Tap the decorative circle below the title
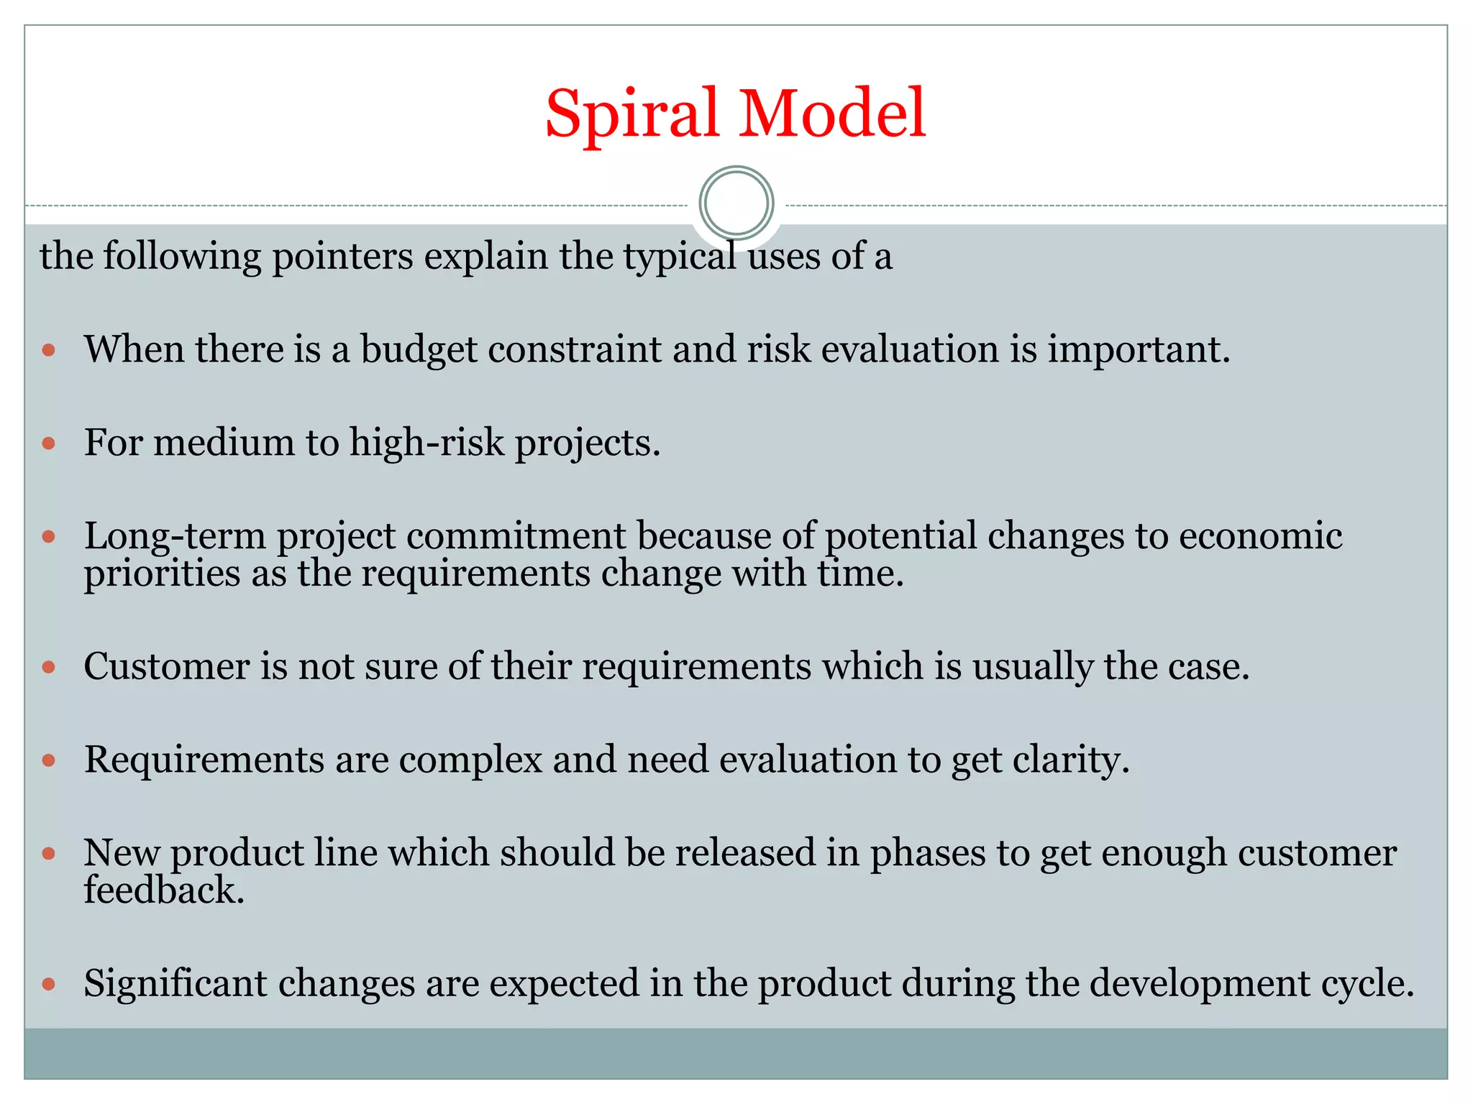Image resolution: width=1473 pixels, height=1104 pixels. tap(736, 203)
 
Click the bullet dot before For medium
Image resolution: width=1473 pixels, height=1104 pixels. tap(49, 443)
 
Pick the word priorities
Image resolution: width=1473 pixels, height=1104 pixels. tap(162, 574)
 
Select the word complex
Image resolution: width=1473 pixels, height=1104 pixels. tap(470, 760)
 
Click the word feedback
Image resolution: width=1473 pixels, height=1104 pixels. tap(164, 891)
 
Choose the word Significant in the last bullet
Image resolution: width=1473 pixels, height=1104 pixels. tap(175, 983)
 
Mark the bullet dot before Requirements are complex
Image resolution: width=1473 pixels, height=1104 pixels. tap(49, 760)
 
